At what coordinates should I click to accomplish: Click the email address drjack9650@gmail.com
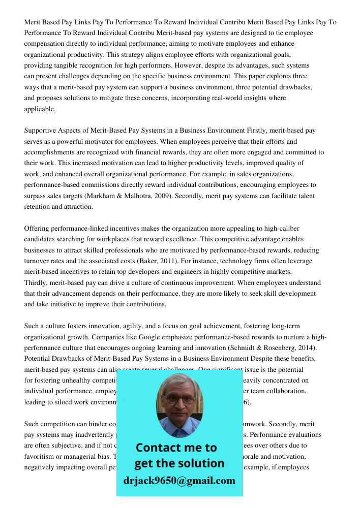coord(179,481)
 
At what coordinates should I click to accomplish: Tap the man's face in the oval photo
coord(179,401)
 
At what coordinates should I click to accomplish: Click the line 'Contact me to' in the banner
coord(176,448)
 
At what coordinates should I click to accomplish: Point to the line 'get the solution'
coord(179,463)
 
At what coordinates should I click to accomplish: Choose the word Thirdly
coord(37,283)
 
